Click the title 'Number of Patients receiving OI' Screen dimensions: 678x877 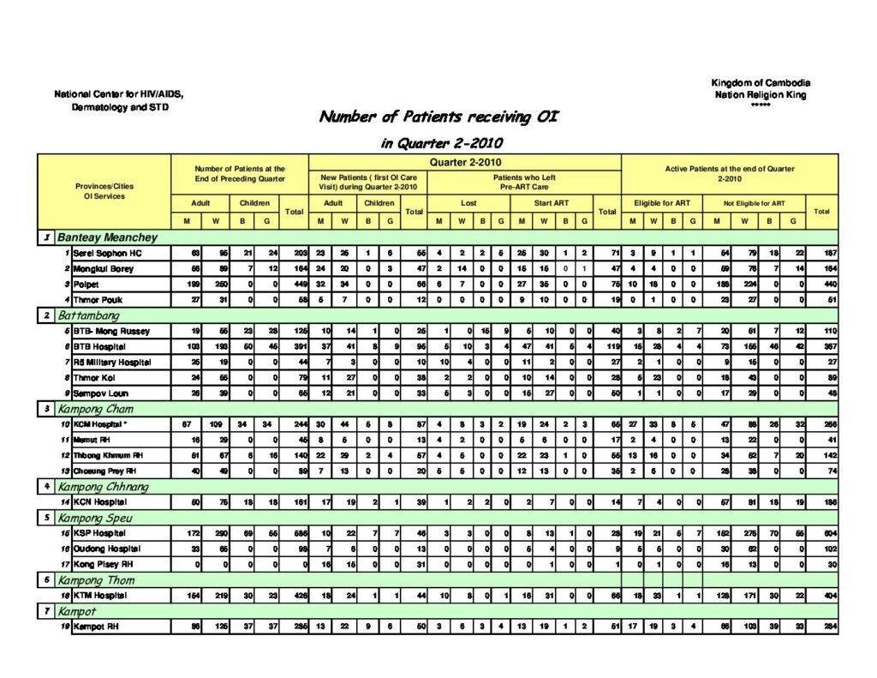[438, 117]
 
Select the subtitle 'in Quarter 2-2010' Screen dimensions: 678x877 [441, 143]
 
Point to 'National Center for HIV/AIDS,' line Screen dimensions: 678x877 [118, 94]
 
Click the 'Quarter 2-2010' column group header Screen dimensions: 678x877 [464, 162]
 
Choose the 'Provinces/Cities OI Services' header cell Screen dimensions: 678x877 [104, 191]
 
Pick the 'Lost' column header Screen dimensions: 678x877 [468, 203]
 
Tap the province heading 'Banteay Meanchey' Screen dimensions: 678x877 [107, 237]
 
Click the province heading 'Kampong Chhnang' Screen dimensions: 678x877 [103, 487]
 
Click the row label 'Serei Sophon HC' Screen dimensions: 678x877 [100, 254]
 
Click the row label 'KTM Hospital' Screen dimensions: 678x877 [98, 596]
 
